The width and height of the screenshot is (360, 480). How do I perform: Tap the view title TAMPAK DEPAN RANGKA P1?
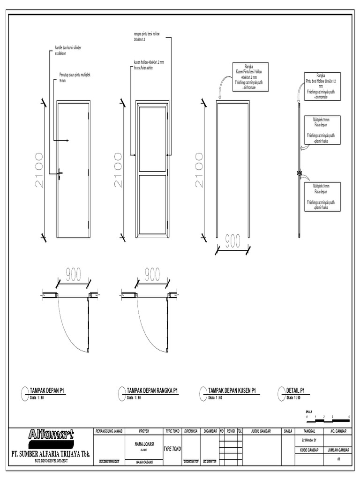(x=152, y=390)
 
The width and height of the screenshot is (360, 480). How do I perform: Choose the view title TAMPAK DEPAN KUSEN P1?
(x=232, y=390)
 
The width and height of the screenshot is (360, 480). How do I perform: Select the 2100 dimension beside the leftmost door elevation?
(x=38, y=170)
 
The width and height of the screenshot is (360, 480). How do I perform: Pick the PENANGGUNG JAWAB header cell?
(x=109, y=430)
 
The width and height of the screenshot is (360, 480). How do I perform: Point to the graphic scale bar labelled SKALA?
(x=328, y=417)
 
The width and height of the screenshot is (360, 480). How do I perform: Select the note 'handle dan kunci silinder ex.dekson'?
(x=68, y=51)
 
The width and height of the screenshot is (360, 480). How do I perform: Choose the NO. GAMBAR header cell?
(x=338, y=430)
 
